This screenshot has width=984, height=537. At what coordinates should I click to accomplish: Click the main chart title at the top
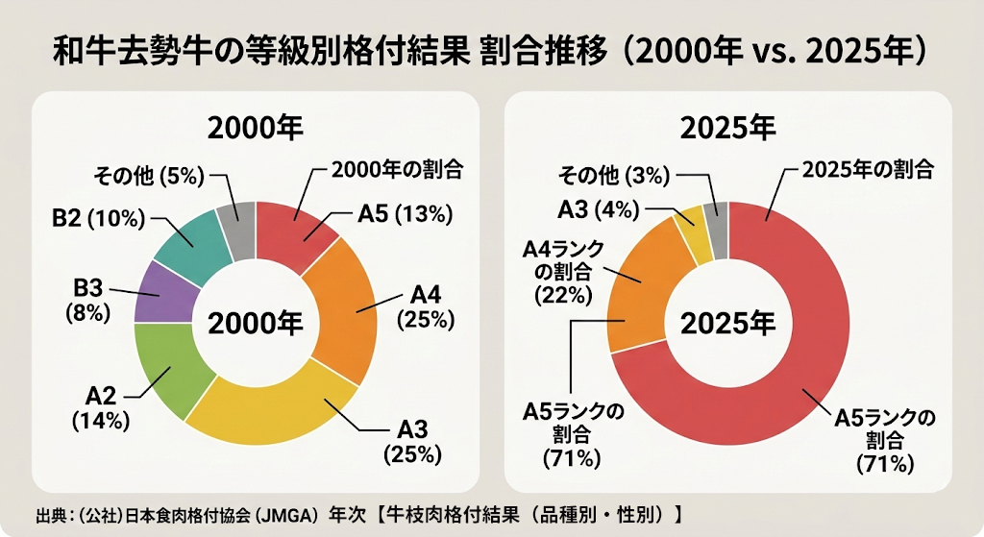490,50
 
